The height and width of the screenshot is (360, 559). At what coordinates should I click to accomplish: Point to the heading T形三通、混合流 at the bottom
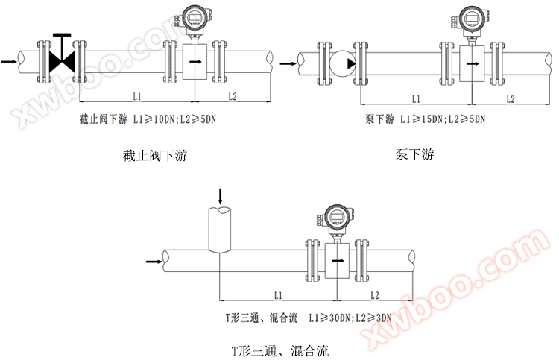(x=279, y=349)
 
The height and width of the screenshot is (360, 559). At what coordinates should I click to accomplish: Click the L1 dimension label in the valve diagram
(x=137, y=96)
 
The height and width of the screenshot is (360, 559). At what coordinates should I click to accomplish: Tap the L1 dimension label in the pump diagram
(x=416, y=98)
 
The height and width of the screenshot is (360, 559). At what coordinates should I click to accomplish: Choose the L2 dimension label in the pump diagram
(x=511, y=98)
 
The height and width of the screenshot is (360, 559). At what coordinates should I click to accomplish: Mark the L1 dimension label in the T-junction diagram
(x=277, y=295)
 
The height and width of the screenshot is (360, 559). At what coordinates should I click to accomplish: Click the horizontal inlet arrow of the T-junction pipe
(x=154, y=261)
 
